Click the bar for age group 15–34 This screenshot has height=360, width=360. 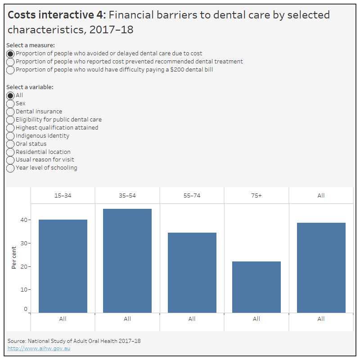coord(63,266)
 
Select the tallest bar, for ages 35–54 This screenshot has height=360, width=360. coord(127,261)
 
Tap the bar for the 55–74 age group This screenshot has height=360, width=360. coord(192,272)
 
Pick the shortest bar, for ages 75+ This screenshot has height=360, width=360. coord(256,287)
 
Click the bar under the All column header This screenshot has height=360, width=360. coord(321,267)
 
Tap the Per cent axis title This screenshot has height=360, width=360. coord(14,258)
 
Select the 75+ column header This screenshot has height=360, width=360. coord(256,196)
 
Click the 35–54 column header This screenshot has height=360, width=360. coord(127,196)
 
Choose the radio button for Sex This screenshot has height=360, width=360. coord(10,103)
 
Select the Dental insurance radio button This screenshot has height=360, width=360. coord(10,112)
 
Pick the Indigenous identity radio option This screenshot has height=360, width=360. coord(10,136)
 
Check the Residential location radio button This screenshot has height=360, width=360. coord(10,152)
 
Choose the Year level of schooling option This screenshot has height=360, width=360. coord(10,168)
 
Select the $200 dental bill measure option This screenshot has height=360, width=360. coord(10,70)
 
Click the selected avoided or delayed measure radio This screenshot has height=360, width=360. coord(10,54)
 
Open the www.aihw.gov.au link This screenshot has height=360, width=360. coord(39,348)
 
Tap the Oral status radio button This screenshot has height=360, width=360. coord(10,144)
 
